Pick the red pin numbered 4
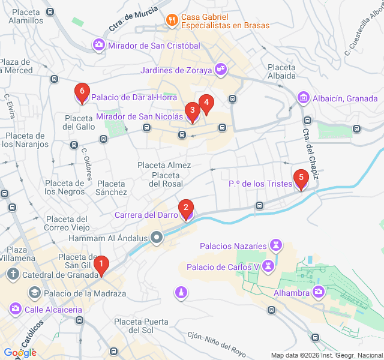(206, 104)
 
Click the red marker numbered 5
(301, 179)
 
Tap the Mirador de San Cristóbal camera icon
(98, 45)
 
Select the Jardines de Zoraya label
(176, 70)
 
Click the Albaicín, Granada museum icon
(303, 98)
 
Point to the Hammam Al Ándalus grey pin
(157, 238)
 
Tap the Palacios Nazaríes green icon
(275, 246)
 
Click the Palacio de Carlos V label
(222, 267)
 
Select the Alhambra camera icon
(319, 292)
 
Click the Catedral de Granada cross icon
(13, 275)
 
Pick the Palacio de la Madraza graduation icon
(34, 293)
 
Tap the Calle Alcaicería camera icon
(14, 309)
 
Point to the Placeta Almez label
(164, 165)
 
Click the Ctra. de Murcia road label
(133, 19)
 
